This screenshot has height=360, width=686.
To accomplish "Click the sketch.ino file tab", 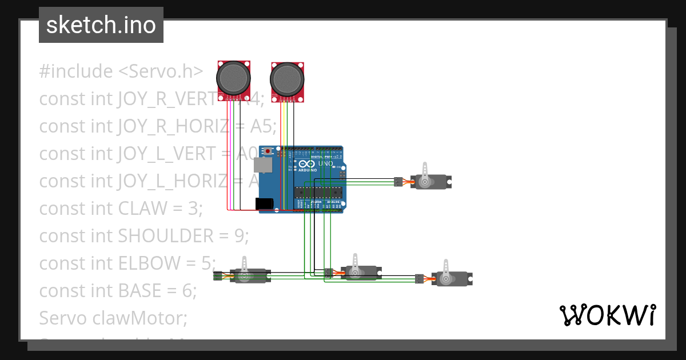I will click(101, 26).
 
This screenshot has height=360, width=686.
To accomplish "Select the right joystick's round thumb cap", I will click(287, 78).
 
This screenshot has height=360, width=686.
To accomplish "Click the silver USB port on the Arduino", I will click(263, 165).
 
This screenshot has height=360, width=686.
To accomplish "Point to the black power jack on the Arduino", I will click(264, 203).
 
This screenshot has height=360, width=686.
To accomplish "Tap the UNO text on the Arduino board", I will click(325, 163).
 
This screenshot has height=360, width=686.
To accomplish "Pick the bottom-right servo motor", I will click(451, 278).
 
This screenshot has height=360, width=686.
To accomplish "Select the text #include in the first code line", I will click(76, 71).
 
